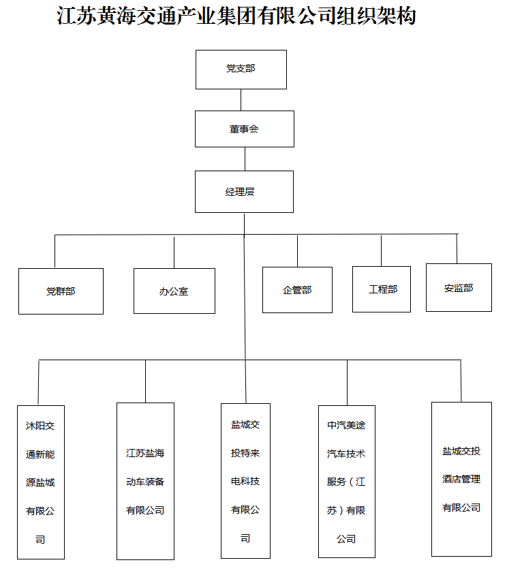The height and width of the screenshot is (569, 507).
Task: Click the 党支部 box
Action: pyautogui.click(x=241, y=69)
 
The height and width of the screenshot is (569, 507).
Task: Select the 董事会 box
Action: pyautogui.click(x=244, y=128)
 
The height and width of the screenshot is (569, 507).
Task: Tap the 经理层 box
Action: pyautogui.click(x=244, y=192)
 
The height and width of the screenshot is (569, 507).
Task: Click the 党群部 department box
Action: pyautogui.click(x=61, y=291)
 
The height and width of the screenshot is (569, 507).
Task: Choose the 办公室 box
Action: pyautogui.click(x=174, y=291)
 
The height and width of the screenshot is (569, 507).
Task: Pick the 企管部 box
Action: pyautogui.click(x=297, y=290)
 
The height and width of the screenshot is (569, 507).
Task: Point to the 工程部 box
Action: pyautogui.click(x=382, y=289)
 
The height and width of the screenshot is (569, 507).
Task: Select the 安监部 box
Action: pyautogui.click(x=458, y=288)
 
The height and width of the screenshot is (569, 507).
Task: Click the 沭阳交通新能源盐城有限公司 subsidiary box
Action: pyautogui.click(x=40, y=482)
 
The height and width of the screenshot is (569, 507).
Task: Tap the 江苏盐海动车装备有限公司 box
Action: pyautogui.click(x=145, y=481)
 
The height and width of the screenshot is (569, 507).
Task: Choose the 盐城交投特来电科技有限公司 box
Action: pyautogui.click(x=245, y=481)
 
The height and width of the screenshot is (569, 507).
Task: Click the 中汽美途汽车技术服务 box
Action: pyautogui.click(x=346, y=482)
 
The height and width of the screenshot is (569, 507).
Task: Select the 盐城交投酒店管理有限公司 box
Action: pyautogui.click(x=461, y=479)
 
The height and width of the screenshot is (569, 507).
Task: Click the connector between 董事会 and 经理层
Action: pyautogui.click(x=245, y=158)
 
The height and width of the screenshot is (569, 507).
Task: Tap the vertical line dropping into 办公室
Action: pyautogui.click(x=174, y=252)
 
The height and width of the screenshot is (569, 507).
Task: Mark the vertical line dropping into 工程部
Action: pyautogui.click(x=382, y=250)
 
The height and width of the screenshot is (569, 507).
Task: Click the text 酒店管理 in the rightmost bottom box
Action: pyautogui.click(x=461, y=480)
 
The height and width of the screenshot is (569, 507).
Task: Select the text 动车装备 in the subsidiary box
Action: pyautogui.click(x=145, y=482)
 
